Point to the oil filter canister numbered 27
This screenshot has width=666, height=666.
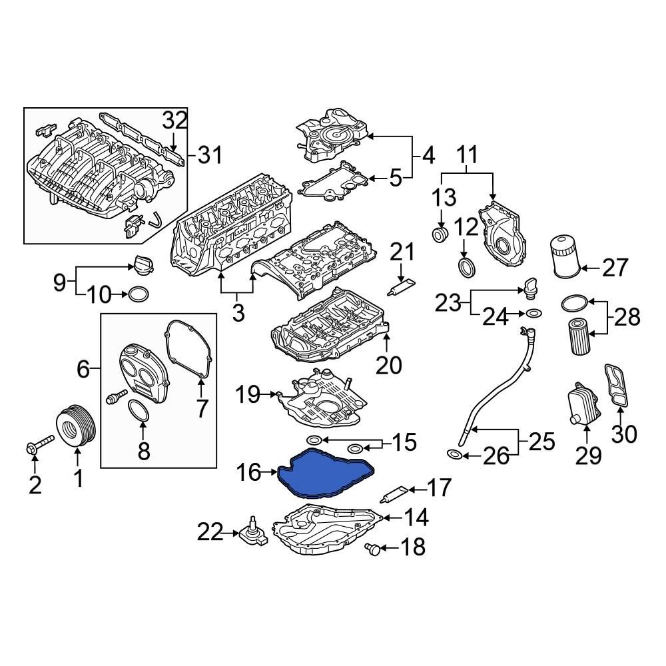(563, 256)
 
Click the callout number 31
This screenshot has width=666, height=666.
(208, 157)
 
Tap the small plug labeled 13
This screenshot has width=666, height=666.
(440, 235)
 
